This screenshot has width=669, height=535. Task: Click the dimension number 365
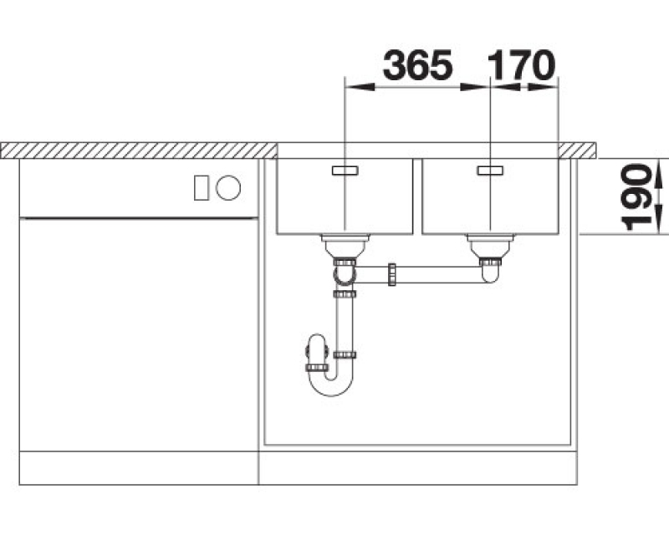coord(417,65)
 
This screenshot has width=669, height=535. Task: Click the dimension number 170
coord(521,65)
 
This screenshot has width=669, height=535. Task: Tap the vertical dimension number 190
coord(636,197)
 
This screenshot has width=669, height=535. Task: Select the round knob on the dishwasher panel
coord(228,188)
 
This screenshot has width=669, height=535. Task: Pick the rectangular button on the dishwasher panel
coord(202,188)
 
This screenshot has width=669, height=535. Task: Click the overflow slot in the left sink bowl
coord(345,171)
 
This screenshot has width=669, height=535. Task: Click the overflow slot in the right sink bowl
coord(490,171)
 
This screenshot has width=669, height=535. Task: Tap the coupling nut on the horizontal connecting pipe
coord(392,275)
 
